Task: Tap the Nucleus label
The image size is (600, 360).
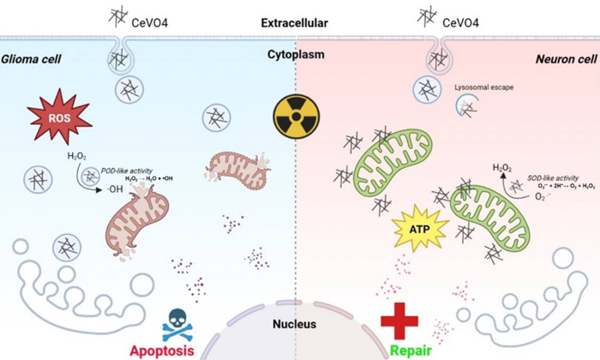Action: pos(295,324)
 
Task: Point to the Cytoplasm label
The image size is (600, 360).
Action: pos(295,55)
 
